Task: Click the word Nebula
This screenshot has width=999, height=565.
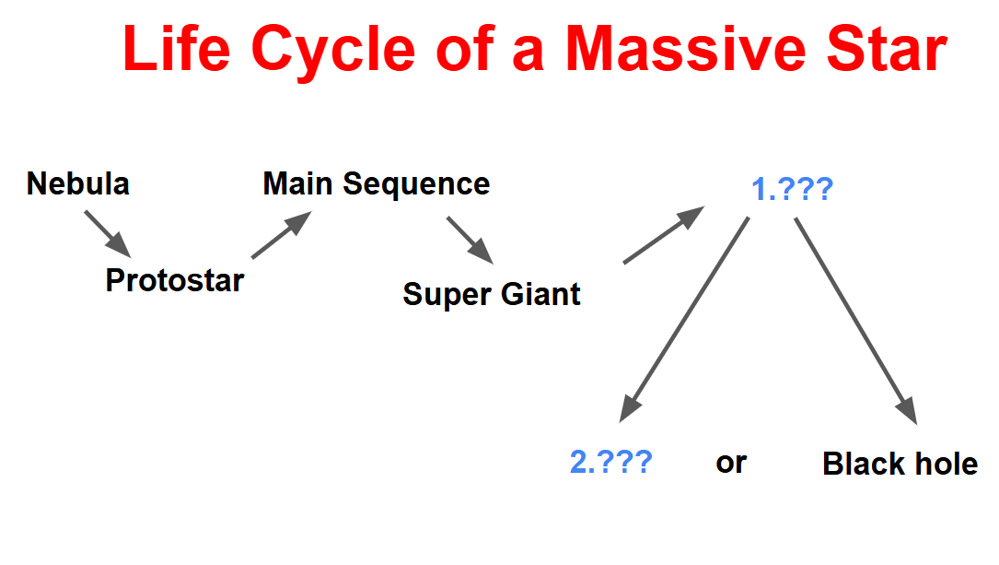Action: coord(77,183)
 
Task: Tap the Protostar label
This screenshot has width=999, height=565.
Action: coord(175,280)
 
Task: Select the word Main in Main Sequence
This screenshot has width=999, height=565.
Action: coord(297,183)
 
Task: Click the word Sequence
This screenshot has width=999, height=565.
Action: coord(416,185)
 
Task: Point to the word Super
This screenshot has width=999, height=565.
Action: coord(447,295)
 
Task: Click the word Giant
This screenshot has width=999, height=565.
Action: coord(540,294)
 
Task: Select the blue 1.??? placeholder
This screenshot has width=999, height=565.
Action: coord(792,189)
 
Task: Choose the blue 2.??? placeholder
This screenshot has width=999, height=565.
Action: coord(610,462)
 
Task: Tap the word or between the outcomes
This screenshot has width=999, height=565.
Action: coord(731,463)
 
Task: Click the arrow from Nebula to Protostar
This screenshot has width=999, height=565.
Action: coord(108,235)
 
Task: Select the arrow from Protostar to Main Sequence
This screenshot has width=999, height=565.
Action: coord(282,235)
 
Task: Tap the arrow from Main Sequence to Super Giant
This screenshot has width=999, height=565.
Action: coord(470,241)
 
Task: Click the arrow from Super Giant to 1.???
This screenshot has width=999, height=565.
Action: coord(664,235)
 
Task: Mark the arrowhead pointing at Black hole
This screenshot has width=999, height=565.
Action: coord(907,411)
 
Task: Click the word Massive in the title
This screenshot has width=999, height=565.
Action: coord(686,49)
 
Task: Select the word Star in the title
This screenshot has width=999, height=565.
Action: coord(887,49)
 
